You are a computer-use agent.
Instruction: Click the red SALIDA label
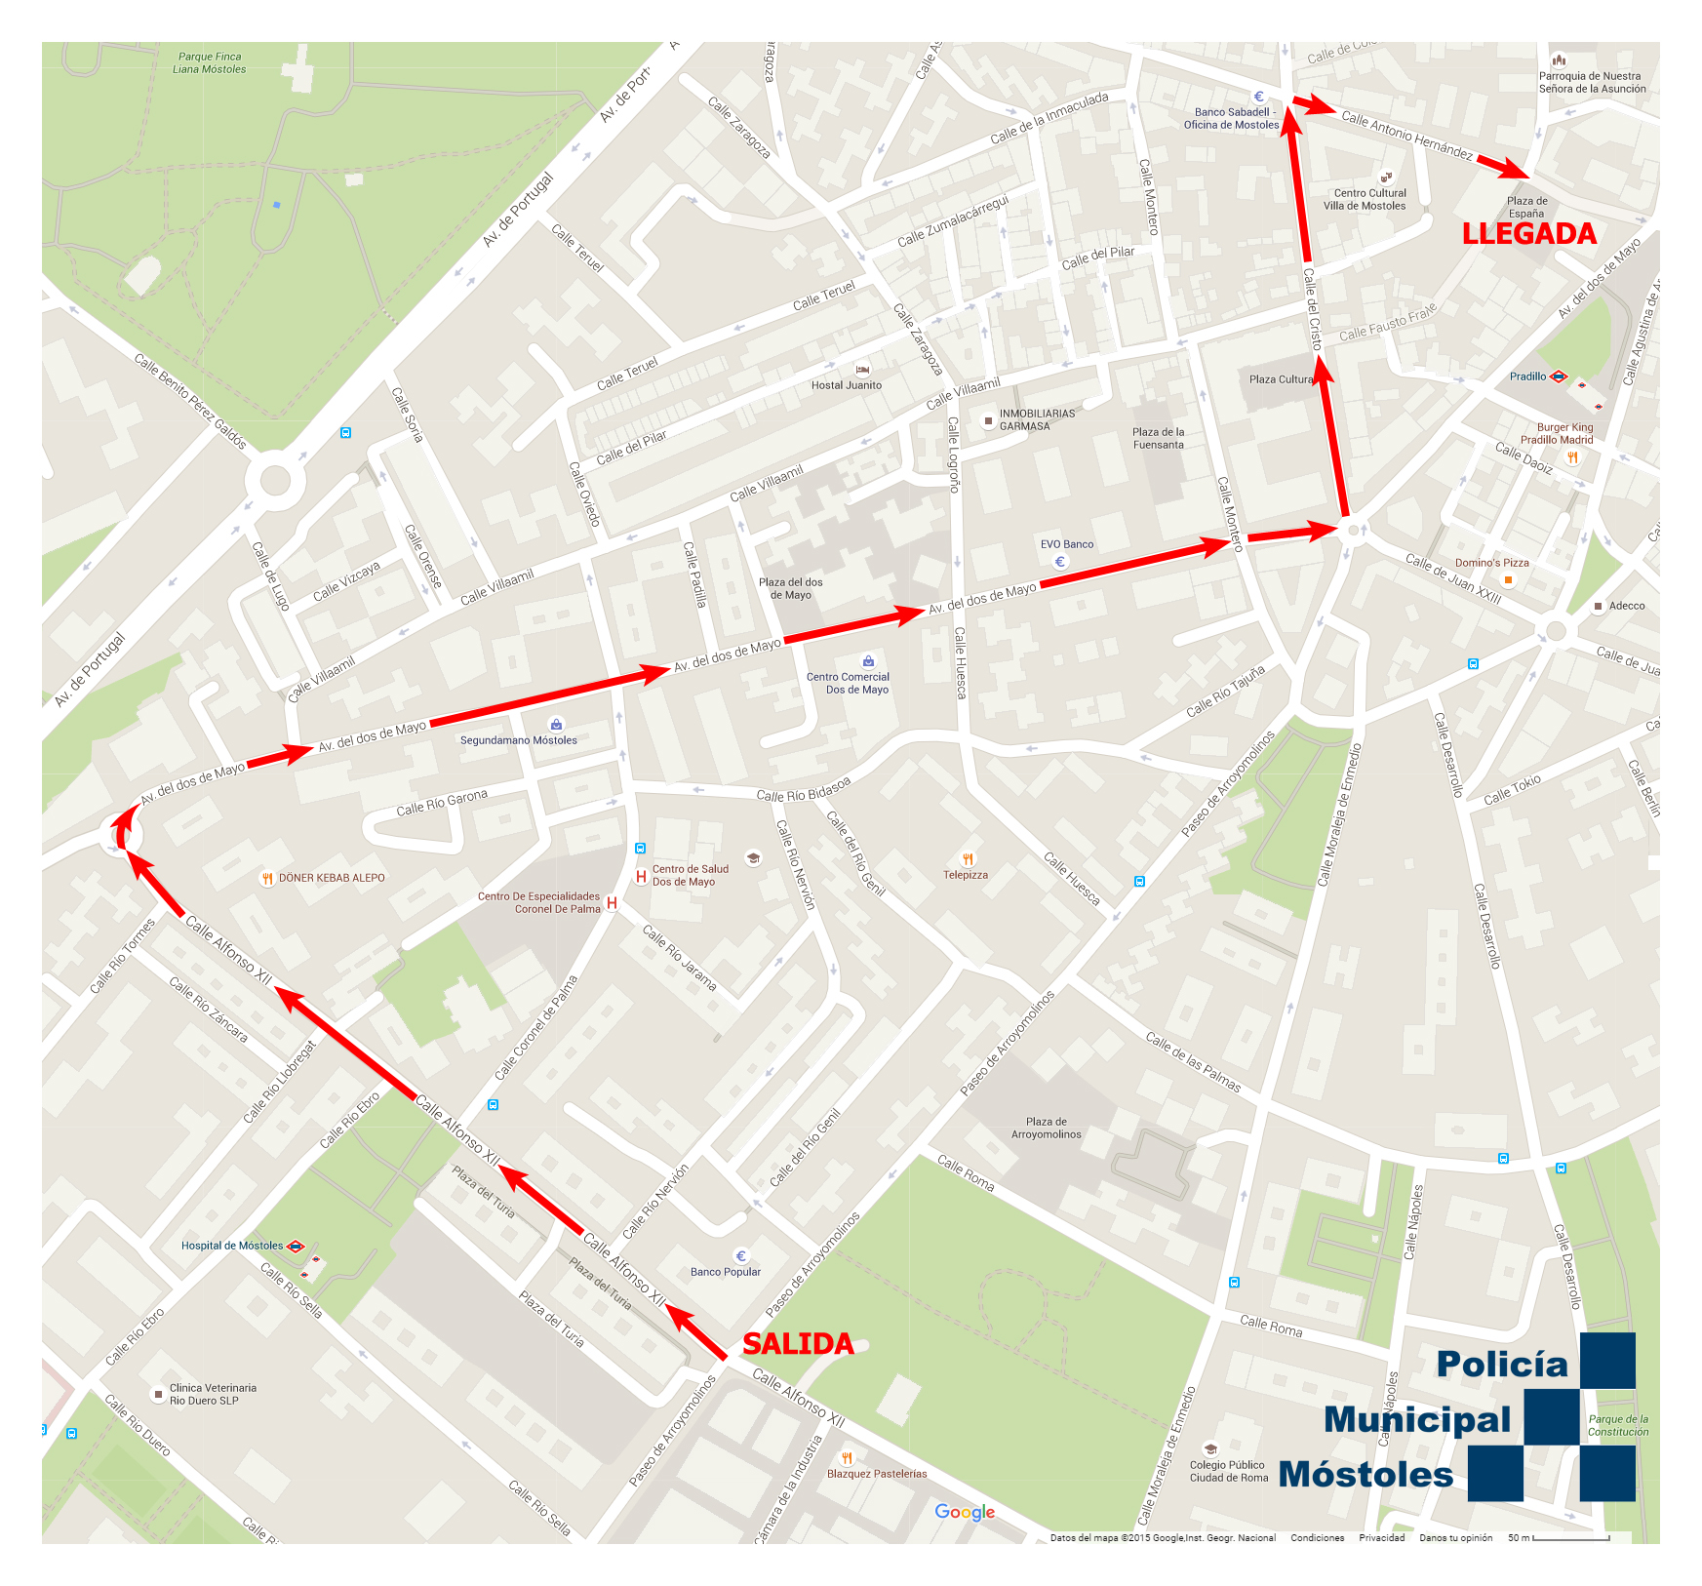[x=798, y=1344]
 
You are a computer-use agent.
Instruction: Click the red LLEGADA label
[x=1528, y=234]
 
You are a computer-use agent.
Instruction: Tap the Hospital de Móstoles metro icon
[x=296, y=1247]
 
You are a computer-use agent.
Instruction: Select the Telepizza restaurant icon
[x=968, y=859]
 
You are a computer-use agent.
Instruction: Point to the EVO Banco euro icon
[x=1060, y=562]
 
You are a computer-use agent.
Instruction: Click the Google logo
[x=965, y=1512]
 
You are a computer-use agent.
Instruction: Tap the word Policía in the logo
[x=1501, y=1365]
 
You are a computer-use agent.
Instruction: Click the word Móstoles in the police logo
[x=1366, y=1475]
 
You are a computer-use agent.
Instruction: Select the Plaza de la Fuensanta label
[x=1158, y=439]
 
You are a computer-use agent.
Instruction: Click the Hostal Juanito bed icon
[x=862, y=370]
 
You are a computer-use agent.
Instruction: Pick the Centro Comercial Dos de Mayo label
[x=848, y=683]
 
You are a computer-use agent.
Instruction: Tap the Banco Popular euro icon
[x=740, y=1256]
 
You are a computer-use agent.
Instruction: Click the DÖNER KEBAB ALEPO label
[x=332, y=878]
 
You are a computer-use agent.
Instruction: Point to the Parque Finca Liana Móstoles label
[x=210, y=63]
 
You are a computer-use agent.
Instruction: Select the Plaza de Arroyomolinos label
[x=1046, y=1128]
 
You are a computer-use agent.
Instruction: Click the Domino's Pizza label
[x=1491, y=563]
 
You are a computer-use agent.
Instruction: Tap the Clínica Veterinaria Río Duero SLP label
[x=213, y=1394]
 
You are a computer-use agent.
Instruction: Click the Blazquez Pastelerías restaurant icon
[x=847, y=1458]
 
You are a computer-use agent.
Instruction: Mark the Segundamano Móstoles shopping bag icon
[x=556, y=725]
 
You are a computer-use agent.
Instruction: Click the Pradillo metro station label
[x=1527, y=377]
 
